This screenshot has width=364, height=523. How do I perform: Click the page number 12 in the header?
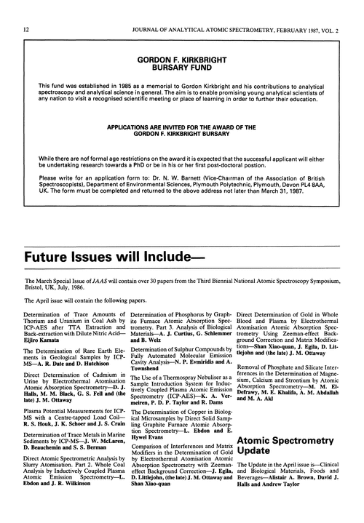(x=26, y=9)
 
